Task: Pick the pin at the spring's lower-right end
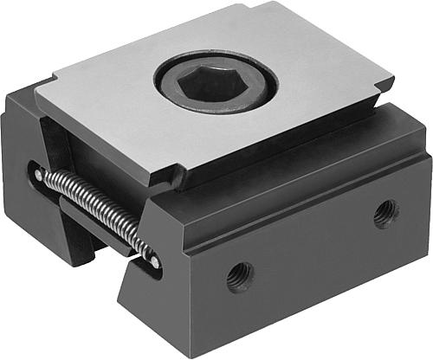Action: pyautogui.click(x=153, y=260)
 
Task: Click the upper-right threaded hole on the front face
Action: pyautogui.click(x=385, y=213)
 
